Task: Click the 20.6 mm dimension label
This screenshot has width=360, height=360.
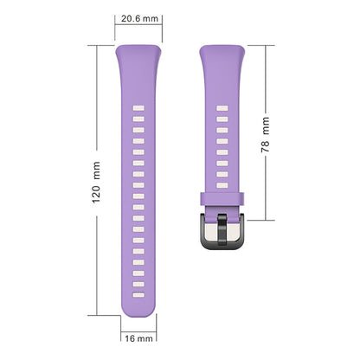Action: (x=139, y=19)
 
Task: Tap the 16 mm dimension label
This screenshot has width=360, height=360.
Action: (x=138, y=338)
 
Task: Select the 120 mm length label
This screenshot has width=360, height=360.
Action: (x=96, y=183)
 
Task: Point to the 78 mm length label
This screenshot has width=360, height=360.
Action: (x=266, y=135)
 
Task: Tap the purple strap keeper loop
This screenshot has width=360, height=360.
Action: (x=222, y=199)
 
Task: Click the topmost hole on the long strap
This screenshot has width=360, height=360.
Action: (x=138, y=108)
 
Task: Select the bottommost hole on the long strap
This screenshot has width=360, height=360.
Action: (x=138, y=295)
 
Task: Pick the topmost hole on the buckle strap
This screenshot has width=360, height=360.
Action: (x=222, y=108)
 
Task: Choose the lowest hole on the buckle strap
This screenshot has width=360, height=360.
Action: (x=222, y=185)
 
